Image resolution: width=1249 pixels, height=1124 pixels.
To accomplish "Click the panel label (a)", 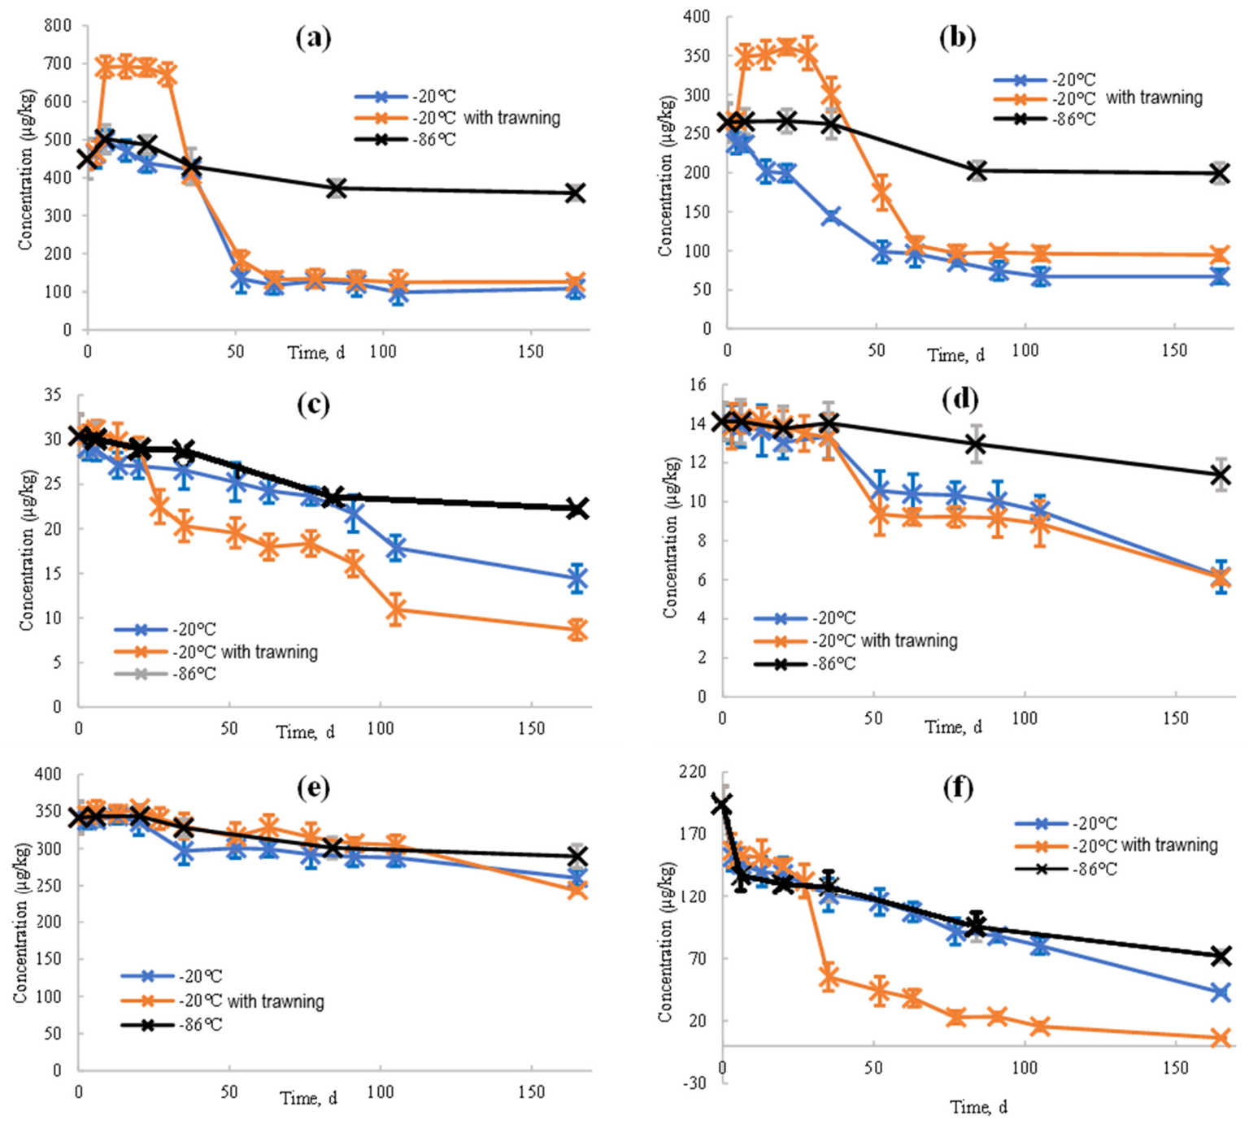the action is click(313, 37).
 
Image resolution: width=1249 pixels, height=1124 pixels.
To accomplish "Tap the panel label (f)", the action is click(958, 787).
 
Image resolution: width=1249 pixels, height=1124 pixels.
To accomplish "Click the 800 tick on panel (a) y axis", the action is click(58, 25).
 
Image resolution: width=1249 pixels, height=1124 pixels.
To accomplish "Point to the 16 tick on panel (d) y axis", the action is click(698, 384).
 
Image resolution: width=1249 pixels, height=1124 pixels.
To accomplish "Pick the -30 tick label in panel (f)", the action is click(694, 1083).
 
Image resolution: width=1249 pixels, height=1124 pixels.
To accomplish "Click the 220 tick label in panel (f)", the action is click(693, 771).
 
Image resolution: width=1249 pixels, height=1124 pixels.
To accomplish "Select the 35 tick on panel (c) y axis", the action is click(53, 395).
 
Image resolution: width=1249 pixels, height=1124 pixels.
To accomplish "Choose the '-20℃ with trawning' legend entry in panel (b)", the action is click(1098, 98).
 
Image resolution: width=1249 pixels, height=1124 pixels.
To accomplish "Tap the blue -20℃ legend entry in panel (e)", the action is click(172, 976).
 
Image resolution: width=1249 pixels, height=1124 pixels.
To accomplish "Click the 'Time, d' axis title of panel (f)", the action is click(978, 1106).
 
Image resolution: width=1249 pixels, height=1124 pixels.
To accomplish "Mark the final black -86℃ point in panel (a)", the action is click(575, 193).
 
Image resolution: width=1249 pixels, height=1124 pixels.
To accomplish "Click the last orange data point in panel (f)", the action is click(1220, 1038).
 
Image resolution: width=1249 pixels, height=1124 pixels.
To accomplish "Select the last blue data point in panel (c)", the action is click(577, 579).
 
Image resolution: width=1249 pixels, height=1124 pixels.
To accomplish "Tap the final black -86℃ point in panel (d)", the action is click(1221, 475).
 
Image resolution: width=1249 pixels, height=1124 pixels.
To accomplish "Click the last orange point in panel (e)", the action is click(577, 889).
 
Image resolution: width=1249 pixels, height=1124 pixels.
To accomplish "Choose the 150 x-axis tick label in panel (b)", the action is click(1173, 350).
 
